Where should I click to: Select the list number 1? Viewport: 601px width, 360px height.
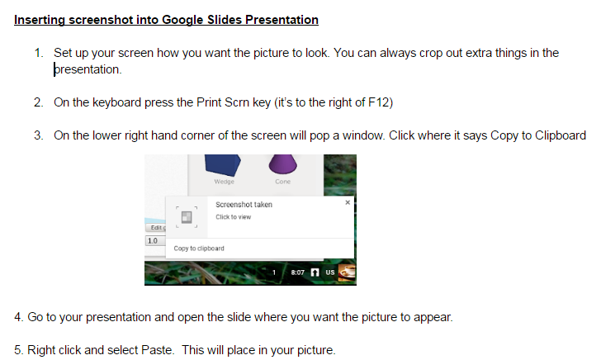pyautogui.click(x=38, y=53)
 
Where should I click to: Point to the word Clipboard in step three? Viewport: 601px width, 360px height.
pyautogui.click(x=561, y=135)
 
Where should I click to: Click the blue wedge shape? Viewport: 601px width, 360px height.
pyautogui.click(x=223, y=164)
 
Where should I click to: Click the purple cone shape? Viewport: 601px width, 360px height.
pyautogui.click(x=283, y=164)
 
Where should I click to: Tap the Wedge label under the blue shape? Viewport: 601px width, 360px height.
pyautogui.click(x=225, y=182)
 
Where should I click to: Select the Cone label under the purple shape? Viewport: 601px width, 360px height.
pyautogui.click(x=283, y=182)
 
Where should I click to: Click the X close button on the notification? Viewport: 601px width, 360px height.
pyautogui.click(x=348, y=202)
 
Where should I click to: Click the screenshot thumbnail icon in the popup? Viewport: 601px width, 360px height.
pyautogui.click(x=187, y=217)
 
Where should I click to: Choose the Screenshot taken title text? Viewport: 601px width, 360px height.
pyautogui.click(x=244, y=205)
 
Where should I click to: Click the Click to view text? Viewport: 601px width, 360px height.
pyautogui.click(x=233, y=217)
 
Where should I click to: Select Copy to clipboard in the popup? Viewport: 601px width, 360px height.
pyautogui.click(x=199, y=249)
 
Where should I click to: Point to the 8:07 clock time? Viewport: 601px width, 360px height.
pyautogui.click(x=297, y=272)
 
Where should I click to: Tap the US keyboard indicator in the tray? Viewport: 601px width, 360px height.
pyautogui.click(x=330, y=272)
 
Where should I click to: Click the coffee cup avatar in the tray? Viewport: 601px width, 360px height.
pyautogui.click(x=348, y=272)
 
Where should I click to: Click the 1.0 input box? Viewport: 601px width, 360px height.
pyautogui.click(x=155, y=241)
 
